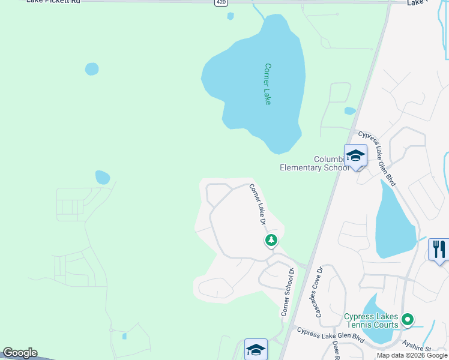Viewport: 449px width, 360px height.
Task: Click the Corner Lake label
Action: (268, 84)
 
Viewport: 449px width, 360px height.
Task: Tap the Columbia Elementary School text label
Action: (315, 163)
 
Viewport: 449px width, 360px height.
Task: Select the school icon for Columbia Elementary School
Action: (355, 156)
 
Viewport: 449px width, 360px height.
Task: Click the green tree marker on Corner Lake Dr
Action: (271, 241)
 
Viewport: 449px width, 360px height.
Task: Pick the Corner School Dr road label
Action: (288, 292)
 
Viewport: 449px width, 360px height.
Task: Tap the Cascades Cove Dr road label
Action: (319, 291)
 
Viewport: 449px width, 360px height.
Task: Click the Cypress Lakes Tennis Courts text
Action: (370, 320)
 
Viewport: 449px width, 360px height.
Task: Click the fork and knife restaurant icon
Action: (439, 250)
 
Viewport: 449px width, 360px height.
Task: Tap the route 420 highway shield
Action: (221, 3)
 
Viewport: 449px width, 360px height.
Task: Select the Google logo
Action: (20, 353)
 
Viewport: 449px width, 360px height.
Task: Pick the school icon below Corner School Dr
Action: (256, 349)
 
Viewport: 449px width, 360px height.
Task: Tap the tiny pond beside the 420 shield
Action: (231, 16)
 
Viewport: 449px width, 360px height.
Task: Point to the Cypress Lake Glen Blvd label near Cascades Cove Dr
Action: (330, 335)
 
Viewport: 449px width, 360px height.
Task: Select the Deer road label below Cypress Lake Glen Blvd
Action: (336, 350)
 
